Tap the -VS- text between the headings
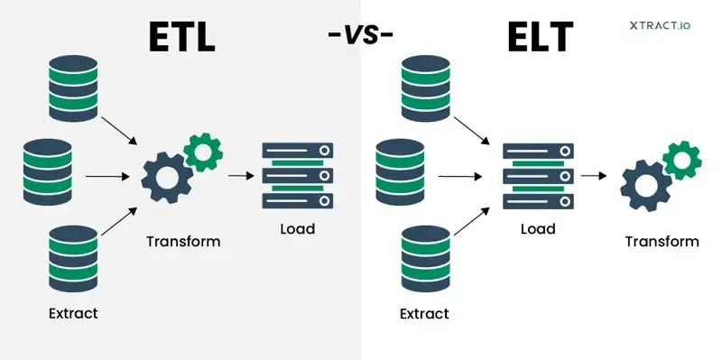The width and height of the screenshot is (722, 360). [361, 36]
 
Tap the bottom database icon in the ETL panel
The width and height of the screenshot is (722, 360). [73, 257]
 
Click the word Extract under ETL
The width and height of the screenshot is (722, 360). [72, 314]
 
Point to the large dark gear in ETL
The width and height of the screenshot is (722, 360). [165, 175]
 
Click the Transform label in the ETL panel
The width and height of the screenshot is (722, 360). [183, 242]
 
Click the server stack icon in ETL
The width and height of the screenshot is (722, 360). [297, 175]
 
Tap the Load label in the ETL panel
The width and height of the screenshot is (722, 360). [297, 229]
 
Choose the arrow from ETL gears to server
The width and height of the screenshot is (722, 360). [239, 176]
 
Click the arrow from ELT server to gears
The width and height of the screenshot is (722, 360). [592, 176]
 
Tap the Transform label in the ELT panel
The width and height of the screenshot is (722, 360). [662, 242]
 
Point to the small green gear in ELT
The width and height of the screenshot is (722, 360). [681, 160]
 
